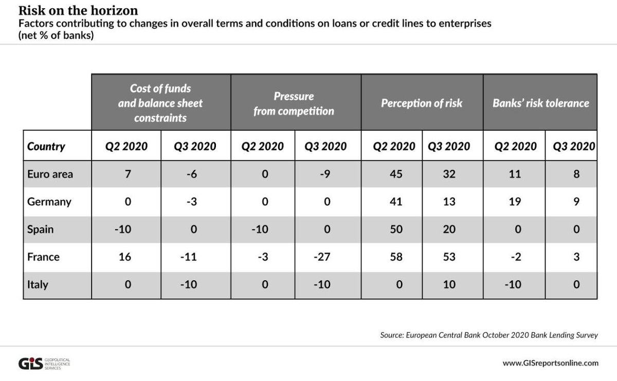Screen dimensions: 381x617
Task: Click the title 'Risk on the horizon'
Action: click(x=78, y=10)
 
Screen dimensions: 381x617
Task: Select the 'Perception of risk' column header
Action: click(x=422, y=103)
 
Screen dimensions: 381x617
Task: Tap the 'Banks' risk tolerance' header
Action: click(x=540, y=103)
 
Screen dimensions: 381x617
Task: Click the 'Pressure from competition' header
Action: click(x=294, y=103)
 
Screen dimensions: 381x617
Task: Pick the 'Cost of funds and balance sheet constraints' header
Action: click(x=160, y=103)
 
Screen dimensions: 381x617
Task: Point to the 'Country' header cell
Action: click(x=46, y=146)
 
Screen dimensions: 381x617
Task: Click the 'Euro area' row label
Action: click(x=50, y=174)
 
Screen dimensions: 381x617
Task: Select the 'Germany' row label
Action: click(x=49, y=202)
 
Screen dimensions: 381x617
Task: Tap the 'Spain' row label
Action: click(x=41, y=229)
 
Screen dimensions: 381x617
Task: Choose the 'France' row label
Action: click(x=43, y=257)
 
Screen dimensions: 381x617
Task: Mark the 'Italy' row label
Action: click(x=38, y=284)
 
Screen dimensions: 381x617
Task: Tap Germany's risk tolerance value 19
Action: click(x=515, y=202)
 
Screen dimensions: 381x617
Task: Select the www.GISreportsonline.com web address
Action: click(x=550, y=363)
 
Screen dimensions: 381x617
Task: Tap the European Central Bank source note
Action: click(x=489, y=335)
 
